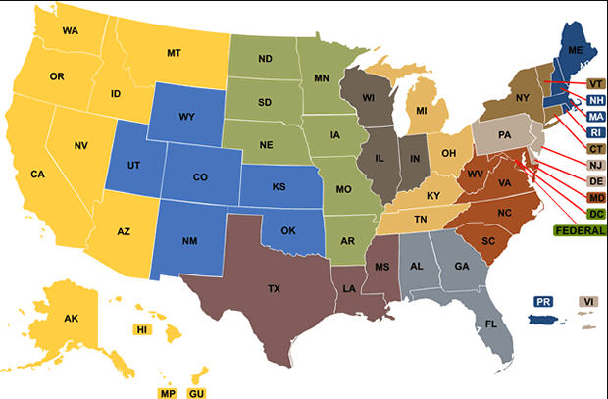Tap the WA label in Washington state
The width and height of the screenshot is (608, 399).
pos(71,30)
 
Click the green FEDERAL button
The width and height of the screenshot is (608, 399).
pos(580,230)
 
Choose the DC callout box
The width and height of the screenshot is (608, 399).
pos(595,213)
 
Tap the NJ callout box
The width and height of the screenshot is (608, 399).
pos(595,165)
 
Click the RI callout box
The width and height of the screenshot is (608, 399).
pos(595,132)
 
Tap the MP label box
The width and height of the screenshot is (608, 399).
pos(168,393)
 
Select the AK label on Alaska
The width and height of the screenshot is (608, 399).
pos(71,319)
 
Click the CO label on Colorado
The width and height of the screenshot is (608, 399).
pos(200,177)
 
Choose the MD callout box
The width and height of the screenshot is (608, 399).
pos(595,197)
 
